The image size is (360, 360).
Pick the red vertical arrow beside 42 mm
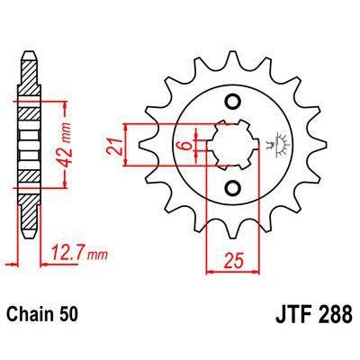[66, 144]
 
